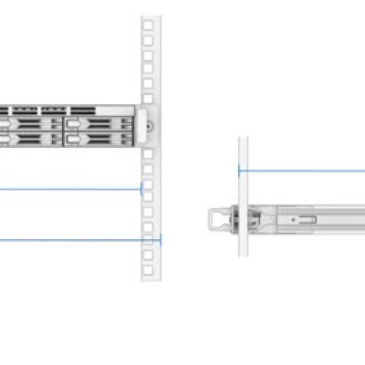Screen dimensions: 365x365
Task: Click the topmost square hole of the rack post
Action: [147, 25]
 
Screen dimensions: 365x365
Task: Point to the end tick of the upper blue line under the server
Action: [141, 190]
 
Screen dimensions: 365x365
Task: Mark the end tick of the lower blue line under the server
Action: [160, 241]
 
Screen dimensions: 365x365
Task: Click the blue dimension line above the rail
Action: [301, 170]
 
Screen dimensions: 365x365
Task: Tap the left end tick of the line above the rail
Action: [239, 170]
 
